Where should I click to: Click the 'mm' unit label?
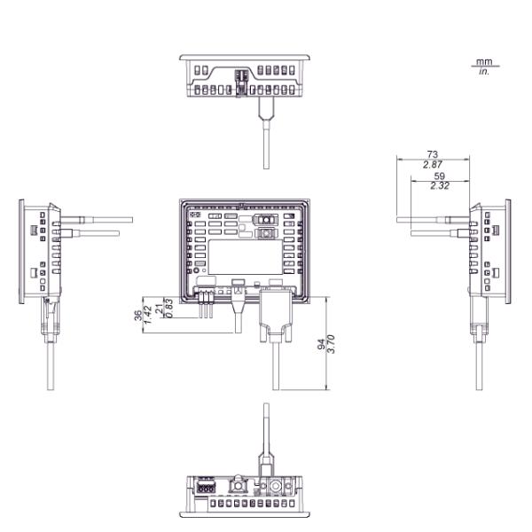pos(483,61)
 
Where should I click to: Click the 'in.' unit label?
pos(483,70)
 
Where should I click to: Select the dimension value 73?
pos(432,154)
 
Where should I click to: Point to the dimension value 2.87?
pos(432,166)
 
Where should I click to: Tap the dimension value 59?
pos(438,176)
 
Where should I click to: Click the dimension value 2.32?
pos(438,186)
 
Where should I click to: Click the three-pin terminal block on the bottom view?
pos(205,486)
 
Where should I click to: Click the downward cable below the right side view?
pos(478,364)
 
